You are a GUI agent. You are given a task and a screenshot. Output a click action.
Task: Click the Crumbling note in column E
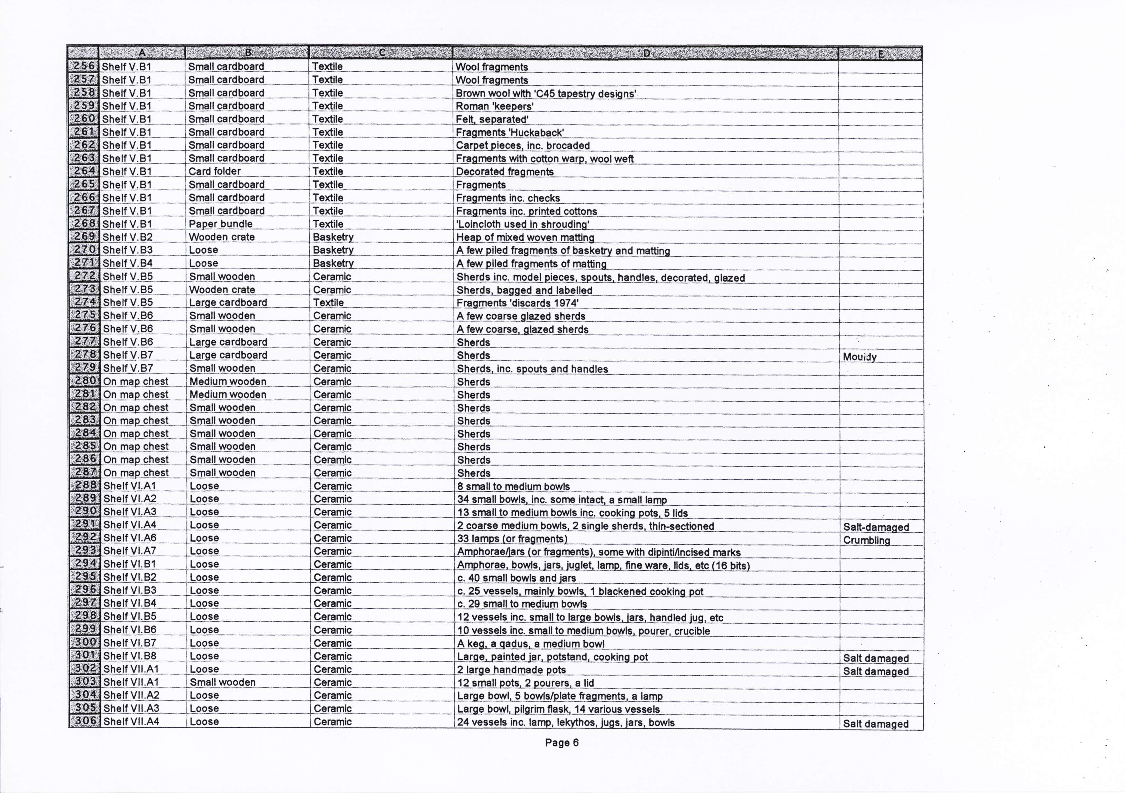click(x=866, y=540)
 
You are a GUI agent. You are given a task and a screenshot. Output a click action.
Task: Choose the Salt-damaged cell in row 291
click(x=876, y=527)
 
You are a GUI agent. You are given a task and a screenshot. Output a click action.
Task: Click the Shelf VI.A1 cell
click(x=130, y=486)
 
